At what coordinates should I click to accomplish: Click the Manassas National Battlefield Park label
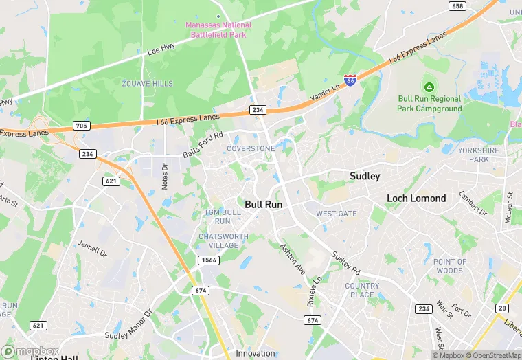coord(218,30)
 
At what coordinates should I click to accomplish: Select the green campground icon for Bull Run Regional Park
coord(429,87)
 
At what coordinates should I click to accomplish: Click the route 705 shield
coord(80,126)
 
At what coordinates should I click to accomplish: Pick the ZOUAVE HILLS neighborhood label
coord(147,84)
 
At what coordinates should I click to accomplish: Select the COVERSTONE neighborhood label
coord(251,148)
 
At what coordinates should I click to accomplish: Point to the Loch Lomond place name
coord(416,199)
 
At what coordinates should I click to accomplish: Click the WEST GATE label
coord(336,214)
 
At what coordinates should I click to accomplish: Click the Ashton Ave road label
coord(292,260)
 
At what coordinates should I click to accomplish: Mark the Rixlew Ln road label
coord(314,291)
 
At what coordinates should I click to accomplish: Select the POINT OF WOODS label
coord(449,266)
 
